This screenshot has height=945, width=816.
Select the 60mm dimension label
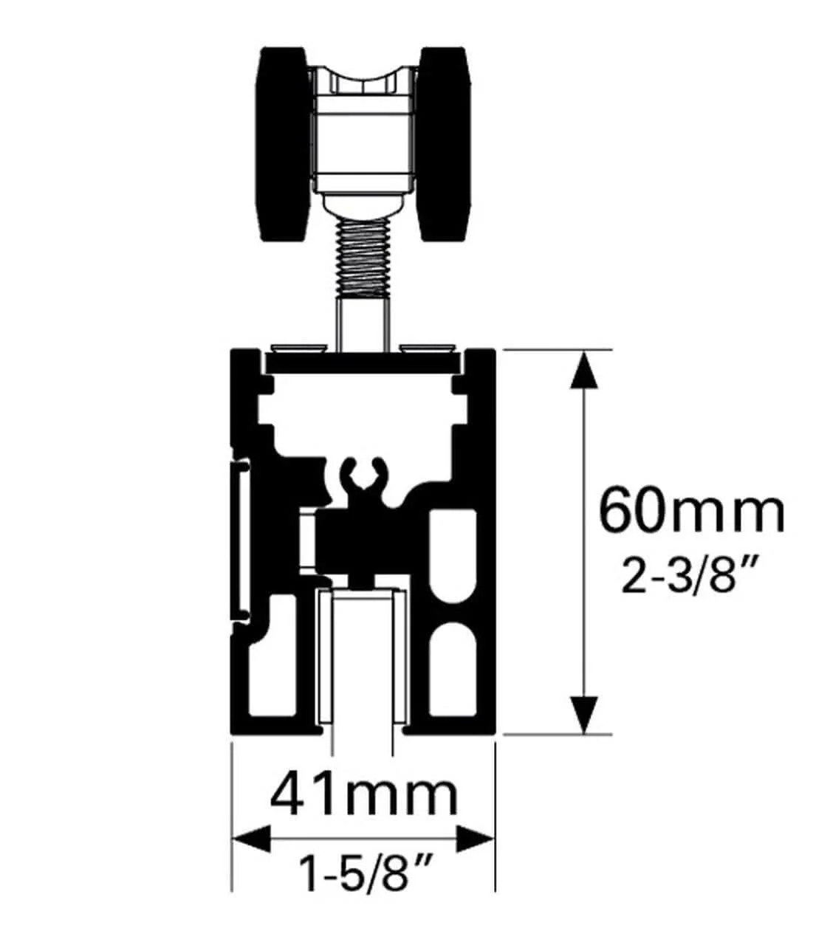pyautogui.click(x=690, y=510)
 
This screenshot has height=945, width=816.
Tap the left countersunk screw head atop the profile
pyautogui.click(x=300, y=346)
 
